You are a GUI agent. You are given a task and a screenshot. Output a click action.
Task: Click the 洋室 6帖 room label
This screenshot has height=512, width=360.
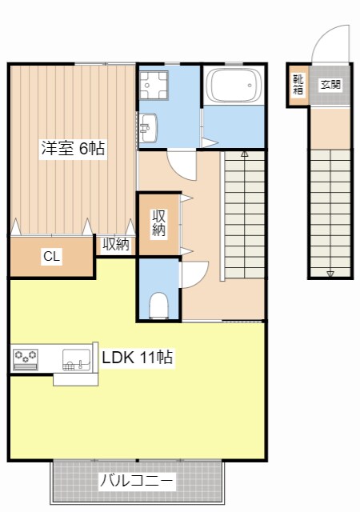point(74,149)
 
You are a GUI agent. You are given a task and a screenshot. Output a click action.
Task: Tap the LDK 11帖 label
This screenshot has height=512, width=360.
point(137,358)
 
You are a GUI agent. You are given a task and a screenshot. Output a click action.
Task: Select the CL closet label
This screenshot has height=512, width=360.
point(50,257)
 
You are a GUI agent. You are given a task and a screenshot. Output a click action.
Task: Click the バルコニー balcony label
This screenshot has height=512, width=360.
point(136,482)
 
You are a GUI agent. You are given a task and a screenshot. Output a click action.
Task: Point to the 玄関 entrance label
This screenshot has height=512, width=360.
point(330,84)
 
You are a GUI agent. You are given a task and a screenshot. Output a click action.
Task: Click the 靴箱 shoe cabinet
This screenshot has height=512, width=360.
point(298,85)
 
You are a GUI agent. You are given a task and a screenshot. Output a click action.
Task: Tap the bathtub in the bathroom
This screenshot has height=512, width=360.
point(234,86)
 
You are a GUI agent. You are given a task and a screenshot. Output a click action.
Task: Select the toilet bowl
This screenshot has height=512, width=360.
point(159,305)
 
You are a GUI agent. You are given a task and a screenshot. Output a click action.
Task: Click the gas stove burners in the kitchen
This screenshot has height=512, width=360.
point(26,358)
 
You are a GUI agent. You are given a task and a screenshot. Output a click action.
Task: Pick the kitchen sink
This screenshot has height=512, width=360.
point(77,360)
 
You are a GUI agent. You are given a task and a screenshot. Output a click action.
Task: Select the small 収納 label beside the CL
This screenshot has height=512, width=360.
point(116,245)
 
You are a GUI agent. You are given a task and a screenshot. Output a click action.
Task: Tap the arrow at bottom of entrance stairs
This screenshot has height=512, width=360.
point(330,274)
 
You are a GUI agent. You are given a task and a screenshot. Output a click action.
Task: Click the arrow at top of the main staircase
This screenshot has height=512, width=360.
point(244,152)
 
